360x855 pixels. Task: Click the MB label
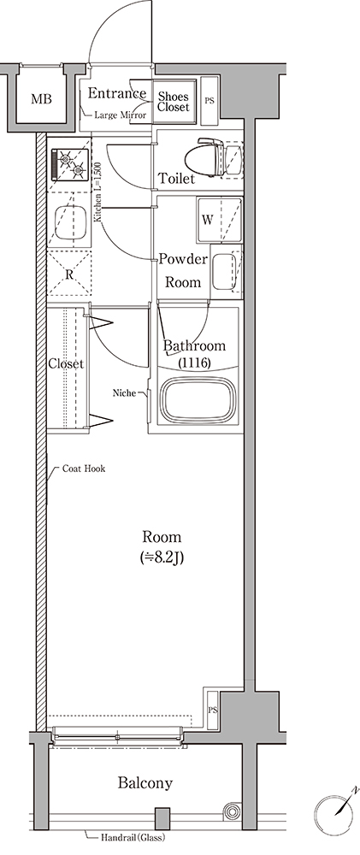point(41,99)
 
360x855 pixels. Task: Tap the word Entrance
point(117,93)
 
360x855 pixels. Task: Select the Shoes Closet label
point(173,102)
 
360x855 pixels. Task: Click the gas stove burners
point(70,164)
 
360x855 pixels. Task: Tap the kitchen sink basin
point(70,223)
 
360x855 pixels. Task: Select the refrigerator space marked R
point(69,274)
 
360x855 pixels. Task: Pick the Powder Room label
point(183,270)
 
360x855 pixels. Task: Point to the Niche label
point(124,392)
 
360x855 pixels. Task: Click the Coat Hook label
point(84,469)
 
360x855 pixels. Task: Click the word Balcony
point(145,783)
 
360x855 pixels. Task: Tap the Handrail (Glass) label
point(133,838)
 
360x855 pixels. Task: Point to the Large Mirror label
point(120,115)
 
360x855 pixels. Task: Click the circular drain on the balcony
point(233,811)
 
